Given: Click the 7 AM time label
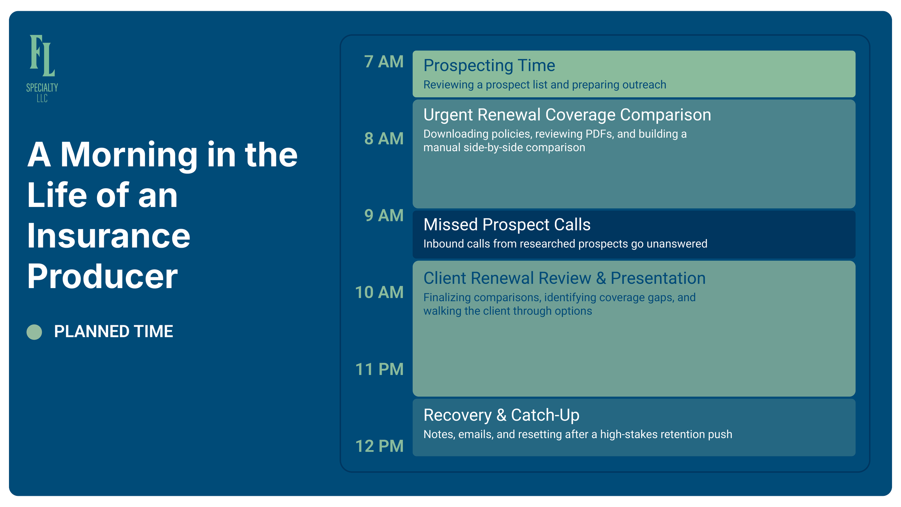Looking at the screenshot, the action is pyautogui.click(x=383, y=62).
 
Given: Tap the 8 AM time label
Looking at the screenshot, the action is pyautogui.click(x=383, y=138).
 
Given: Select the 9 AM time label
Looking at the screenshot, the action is pyautogui.click(x=383, y=215).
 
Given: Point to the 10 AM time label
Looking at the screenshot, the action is pyautogui.click(x=379, y=292).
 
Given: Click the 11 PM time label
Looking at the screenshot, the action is pyautogui.click(x=379, y=369).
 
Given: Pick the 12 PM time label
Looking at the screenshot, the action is pyautogui.click(x=379, y=446).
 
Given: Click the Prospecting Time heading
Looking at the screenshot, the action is pyautogui.click(x=489, y=66).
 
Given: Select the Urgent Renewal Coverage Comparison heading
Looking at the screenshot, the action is pyautogui.click(x=567, y=115).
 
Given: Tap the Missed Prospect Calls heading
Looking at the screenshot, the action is pyautogui.click(x=507, y=224).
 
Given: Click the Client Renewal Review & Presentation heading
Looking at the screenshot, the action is pyautogui.click(x=564, y=278).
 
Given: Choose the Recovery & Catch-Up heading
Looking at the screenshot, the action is pyautogui.click(x=501, y=415).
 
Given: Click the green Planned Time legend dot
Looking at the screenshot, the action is pyautogui.click(x=34, y=332).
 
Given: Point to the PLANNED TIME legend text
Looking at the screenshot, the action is pyautogui.click(x=114, y=331).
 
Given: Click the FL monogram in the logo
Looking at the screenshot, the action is pyautogui.click(x=42, y=56).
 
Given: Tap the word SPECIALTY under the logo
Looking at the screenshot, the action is pyautogui.click(x=42, y=88).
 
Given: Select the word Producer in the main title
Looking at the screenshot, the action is pyautogui.click(x=102, y=276).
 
